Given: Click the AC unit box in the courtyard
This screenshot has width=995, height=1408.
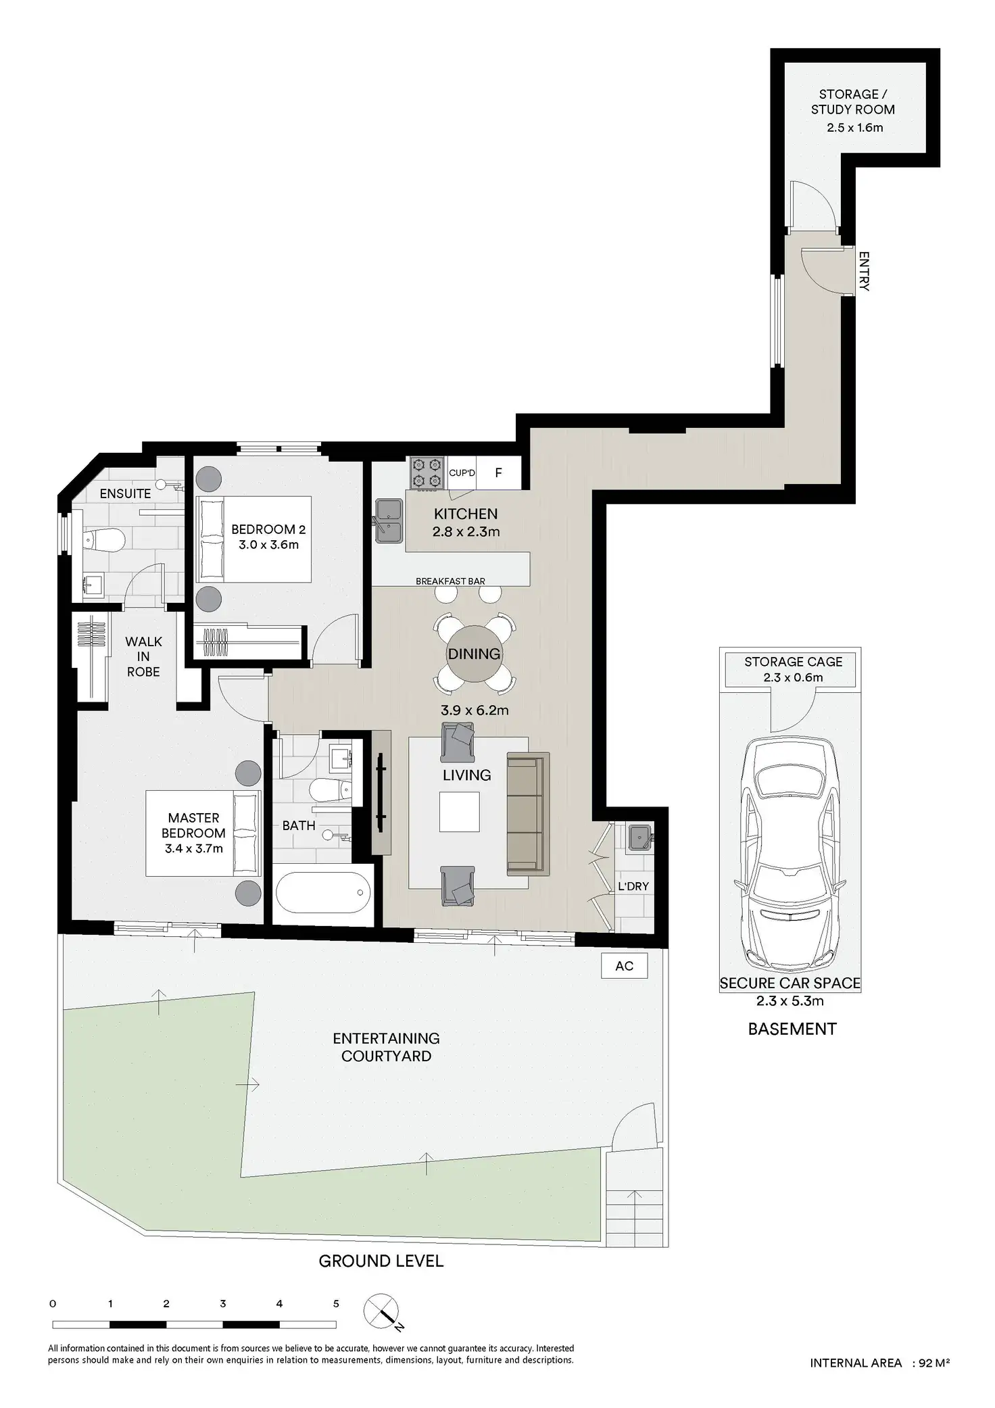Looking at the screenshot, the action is click(x=624, y=966).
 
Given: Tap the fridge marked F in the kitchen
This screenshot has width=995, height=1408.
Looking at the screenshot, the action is click(x=498, y=472).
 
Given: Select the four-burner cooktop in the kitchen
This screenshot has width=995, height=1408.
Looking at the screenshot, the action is click(x=426, y=472).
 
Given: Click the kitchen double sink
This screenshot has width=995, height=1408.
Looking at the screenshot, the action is click(x=389, y=520).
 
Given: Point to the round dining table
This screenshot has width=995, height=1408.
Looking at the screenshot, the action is click(x=474, y=654).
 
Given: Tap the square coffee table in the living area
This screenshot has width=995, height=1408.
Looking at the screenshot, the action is click(x=459, y=812).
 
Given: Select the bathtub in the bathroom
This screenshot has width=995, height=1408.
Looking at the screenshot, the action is click(x=323, y=892).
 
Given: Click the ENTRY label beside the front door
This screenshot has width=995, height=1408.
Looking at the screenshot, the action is click(x=864, y=271).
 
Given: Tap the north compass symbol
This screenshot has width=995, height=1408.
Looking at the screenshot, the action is click(x=383, y=1311).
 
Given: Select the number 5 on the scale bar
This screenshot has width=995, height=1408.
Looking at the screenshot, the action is click(x=336, y=1304).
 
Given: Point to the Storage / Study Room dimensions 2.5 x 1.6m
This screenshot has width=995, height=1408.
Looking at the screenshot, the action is click(x=854, y=127).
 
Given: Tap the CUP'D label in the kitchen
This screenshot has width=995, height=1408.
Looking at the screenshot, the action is click(x=462, y=473).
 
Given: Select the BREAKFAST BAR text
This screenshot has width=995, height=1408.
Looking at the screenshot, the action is click(x=450, y=581).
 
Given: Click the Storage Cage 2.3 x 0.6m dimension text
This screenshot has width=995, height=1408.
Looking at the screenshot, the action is click(x=794, y=677).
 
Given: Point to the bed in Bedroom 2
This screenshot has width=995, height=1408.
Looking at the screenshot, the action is click(x=253, y=539).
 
